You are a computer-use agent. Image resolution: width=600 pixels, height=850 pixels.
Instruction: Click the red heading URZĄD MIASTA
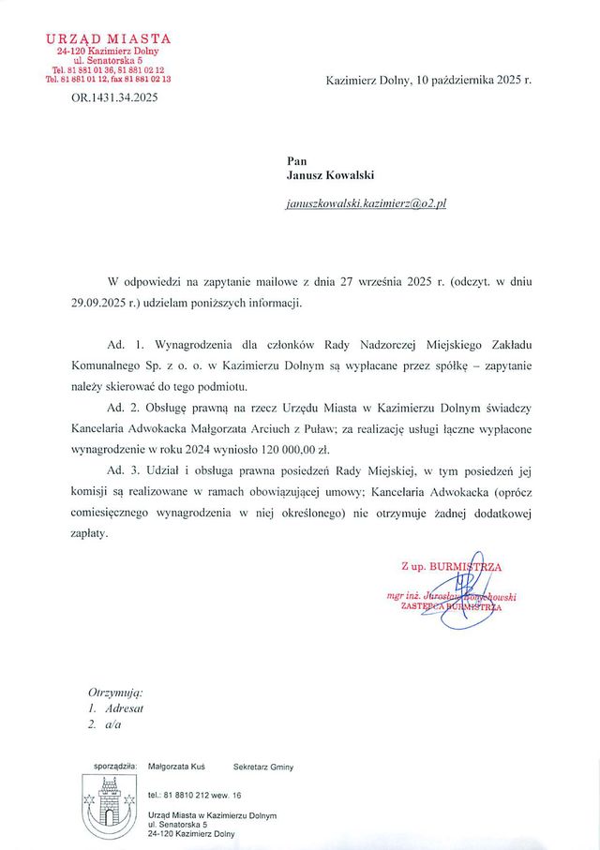[109, 38]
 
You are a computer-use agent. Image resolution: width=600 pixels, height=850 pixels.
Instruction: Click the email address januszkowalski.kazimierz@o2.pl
[367, 203]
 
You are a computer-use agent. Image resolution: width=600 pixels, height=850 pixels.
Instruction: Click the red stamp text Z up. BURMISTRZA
[451, 568]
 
